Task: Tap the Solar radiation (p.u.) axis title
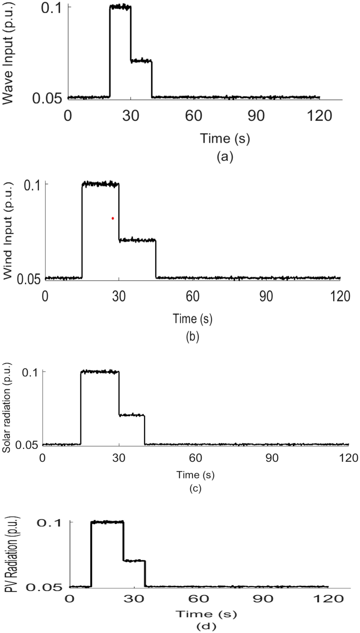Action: coord(6,408)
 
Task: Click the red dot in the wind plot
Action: coord(113,218)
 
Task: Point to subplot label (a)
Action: coord(225,157)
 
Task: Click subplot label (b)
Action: coord(192,336)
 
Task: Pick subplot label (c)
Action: coord(195,488)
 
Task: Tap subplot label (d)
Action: coord(206,627)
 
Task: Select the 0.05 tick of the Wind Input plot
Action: coord(29,279)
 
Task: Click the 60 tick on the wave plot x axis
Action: coord(193,116)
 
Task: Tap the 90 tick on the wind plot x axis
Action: coord(266,296)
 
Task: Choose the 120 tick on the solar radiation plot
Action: coord(348,457)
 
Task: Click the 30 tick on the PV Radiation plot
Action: coord(134,599)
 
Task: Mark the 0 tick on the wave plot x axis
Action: coord(68,116)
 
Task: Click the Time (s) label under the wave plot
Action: coord(225,138)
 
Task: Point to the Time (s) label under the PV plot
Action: coord(206,614)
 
